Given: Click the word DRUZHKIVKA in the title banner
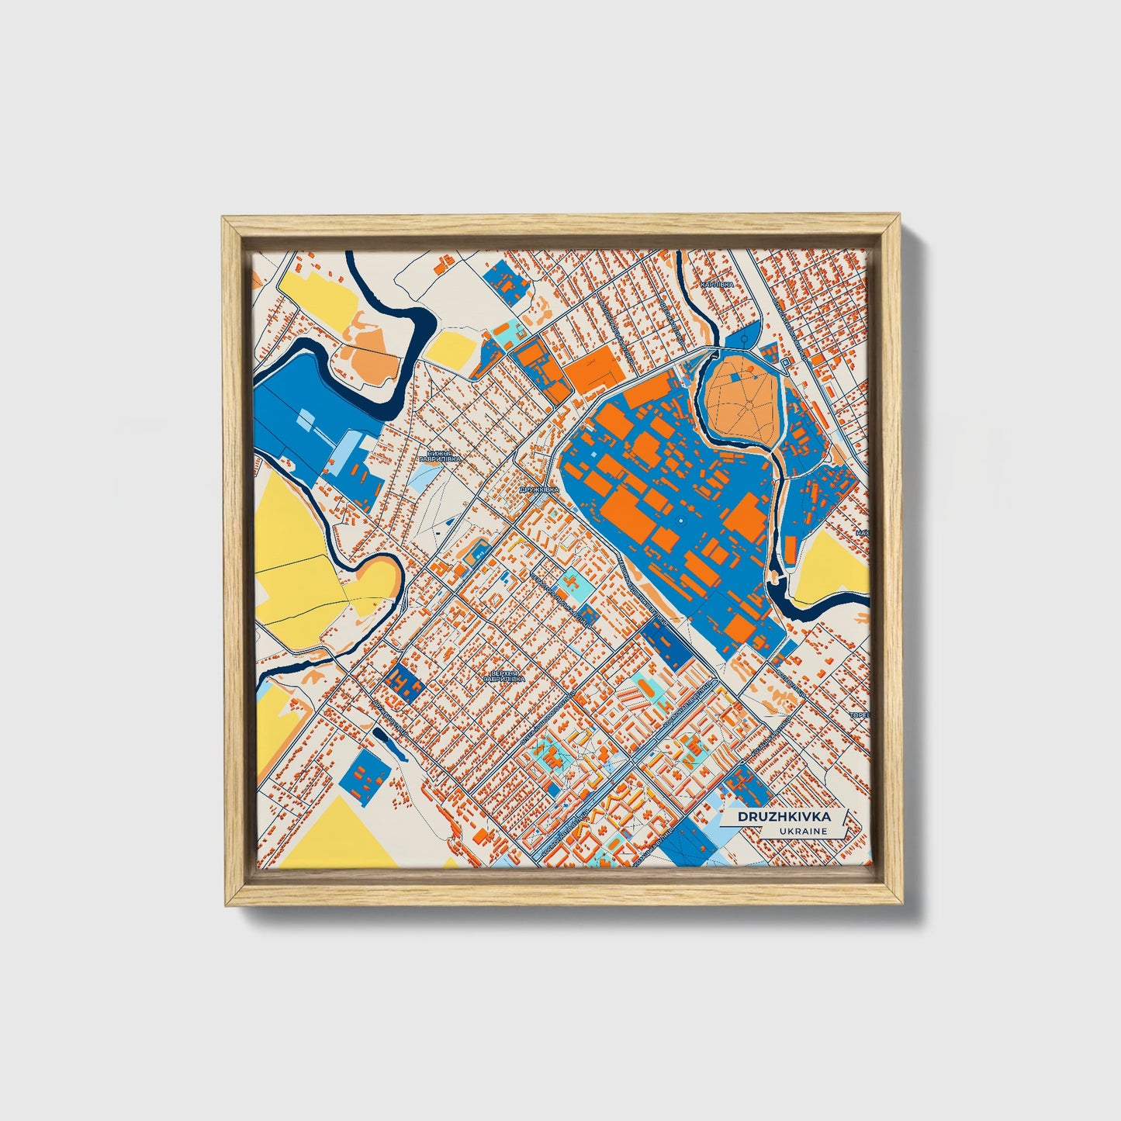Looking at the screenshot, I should (783, 817).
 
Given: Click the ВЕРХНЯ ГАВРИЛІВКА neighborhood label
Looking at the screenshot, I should (503, 676).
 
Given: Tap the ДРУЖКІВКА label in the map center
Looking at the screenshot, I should (538, 490).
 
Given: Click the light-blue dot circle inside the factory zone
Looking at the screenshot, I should (681, 521).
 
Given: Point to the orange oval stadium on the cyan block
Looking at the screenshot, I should (573, 579).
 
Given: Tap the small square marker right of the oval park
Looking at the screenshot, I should (786, 362).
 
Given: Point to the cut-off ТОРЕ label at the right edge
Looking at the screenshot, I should (860, 714).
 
